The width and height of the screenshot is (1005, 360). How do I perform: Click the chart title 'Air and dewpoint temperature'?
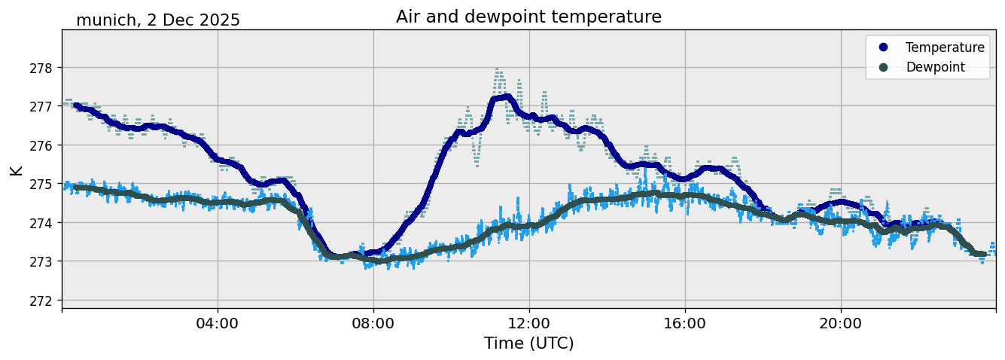(x=528, y=17)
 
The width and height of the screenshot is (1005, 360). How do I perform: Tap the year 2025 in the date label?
(x=216, y=20)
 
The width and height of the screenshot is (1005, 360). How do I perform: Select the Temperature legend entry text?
(x=945, y=47)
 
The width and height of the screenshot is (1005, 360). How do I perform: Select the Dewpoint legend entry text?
(x=935, y=67)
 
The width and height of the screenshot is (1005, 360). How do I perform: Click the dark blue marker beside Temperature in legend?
(x=883, y=47)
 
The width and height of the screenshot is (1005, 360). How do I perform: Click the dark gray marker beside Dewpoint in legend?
(x=883, y=67)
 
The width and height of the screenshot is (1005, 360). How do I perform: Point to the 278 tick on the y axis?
(x=41, y=68)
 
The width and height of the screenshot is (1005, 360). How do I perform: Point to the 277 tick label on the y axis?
(x=41, y=106)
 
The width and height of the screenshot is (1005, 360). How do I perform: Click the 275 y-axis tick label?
(x=41, y=184)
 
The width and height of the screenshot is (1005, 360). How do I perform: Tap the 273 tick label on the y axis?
(x=41, y=261)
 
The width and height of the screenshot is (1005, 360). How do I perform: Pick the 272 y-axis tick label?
(x=41, y=301)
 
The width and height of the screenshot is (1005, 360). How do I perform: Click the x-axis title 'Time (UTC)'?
(x=528, y=343)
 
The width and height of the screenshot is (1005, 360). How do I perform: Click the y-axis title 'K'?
(x=16, y=169)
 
